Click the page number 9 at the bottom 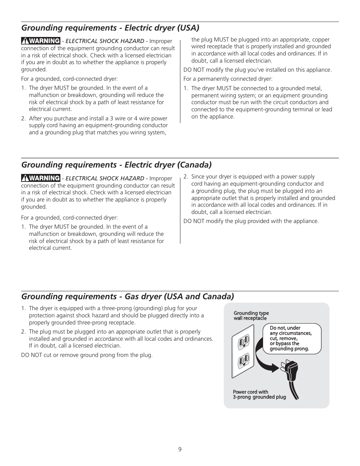(x=180, y=449)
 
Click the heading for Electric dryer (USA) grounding (x=110, y=28)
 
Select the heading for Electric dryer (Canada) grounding (x=116, y=165)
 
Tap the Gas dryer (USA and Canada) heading (x=128, y=296)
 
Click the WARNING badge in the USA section (x=41, y=41)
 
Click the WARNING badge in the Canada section (x=41, y=178)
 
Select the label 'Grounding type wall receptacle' (x=251, y=316)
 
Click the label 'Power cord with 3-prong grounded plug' (x=259, y=394)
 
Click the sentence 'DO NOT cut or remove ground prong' (x=87, y=355)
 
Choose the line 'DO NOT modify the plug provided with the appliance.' (x=251, y=221)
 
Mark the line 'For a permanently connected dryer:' (x=228, y=79)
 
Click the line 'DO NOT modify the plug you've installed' (x=257, y=70)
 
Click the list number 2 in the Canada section (x=186, y=177)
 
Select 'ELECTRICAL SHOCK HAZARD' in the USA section (x=105, y=41)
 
